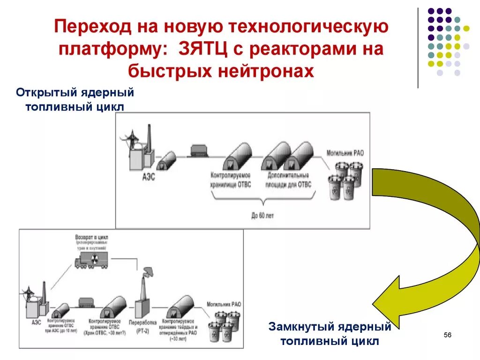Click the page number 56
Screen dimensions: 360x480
(447, 335)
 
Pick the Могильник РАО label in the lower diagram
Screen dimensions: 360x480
(224, 305)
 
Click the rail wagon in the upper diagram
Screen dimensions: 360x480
(201, 151)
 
